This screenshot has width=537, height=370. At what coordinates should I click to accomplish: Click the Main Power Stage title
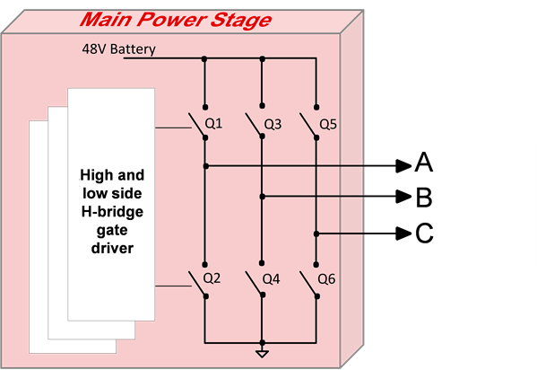click(x=175, y=20)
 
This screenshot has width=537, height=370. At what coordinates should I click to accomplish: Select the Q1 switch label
click(x=213, y=123)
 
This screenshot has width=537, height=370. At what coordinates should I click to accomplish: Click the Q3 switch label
click(x=272, y=123)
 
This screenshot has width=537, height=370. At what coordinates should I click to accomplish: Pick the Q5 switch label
click(x=327, y=123)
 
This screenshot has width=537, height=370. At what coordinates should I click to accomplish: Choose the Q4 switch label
click(x=271, y=278)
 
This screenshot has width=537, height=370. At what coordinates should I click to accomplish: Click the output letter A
click(x=424, y=163)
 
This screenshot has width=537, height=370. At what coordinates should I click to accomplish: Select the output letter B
click(x=424, y=198)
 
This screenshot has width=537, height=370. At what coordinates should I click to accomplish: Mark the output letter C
click(x=424, y=233)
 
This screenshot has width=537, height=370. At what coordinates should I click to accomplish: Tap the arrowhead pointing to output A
click(x=404, y=165)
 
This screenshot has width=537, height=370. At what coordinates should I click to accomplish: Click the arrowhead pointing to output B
click(x=404, y=197)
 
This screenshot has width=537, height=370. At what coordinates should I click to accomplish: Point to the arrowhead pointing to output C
click(x=404, y=233)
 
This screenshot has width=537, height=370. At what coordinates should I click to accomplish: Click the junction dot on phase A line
click(x=205, y=165)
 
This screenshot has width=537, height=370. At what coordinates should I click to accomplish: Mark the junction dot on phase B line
click(x=262, y=196)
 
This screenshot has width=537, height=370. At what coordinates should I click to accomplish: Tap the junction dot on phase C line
click(x=316, y=233)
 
